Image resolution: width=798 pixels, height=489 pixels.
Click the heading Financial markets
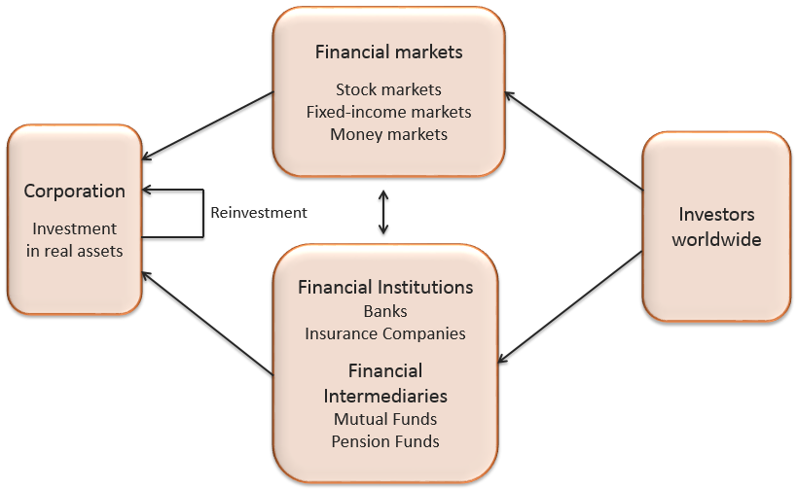(x=388, y=52)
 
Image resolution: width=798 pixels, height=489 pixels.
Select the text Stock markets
(x=388, y=89)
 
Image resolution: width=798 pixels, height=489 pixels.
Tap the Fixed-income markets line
(x=388, y=112)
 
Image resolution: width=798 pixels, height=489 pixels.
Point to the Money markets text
(x=388, y=134)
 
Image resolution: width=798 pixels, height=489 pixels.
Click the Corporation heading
(x=75, y=191)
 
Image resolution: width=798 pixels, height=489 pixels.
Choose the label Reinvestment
(x=259, y=212)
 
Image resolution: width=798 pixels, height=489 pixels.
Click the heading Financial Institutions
(x=385, y=288)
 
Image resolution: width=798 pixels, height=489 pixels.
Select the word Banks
(x=385, y=311)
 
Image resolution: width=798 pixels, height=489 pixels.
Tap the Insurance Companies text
(x=385, y=333)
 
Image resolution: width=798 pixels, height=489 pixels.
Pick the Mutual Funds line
(x=385, y=419)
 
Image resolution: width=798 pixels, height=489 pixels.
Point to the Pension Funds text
(x=385, y=441)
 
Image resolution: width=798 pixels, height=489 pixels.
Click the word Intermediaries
(x=385, y=396)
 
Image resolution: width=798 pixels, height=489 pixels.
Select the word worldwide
(x=717, y=238)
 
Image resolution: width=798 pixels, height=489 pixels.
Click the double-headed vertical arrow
(x=383, y=213)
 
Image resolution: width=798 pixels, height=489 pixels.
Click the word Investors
(x=717, y=215)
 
